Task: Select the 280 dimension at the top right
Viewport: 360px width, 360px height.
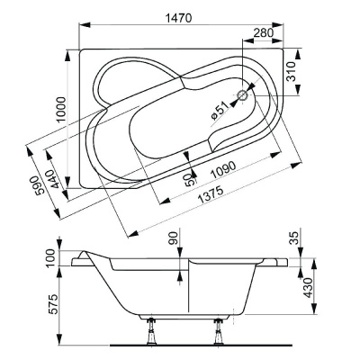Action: (264, 33)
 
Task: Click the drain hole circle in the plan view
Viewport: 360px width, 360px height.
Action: (244, 94)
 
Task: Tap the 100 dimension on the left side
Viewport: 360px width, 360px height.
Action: (51, 256)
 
